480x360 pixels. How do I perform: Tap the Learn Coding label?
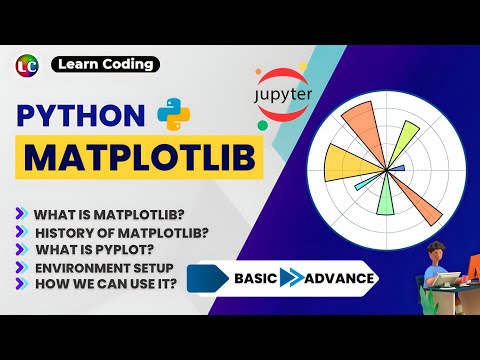point(106,65)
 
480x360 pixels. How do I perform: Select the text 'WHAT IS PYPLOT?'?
point(94,250)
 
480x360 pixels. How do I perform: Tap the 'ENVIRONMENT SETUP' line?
point(104,269)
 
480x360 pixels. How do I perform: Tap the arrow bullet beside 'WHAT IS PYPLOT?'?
point(23,250)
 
